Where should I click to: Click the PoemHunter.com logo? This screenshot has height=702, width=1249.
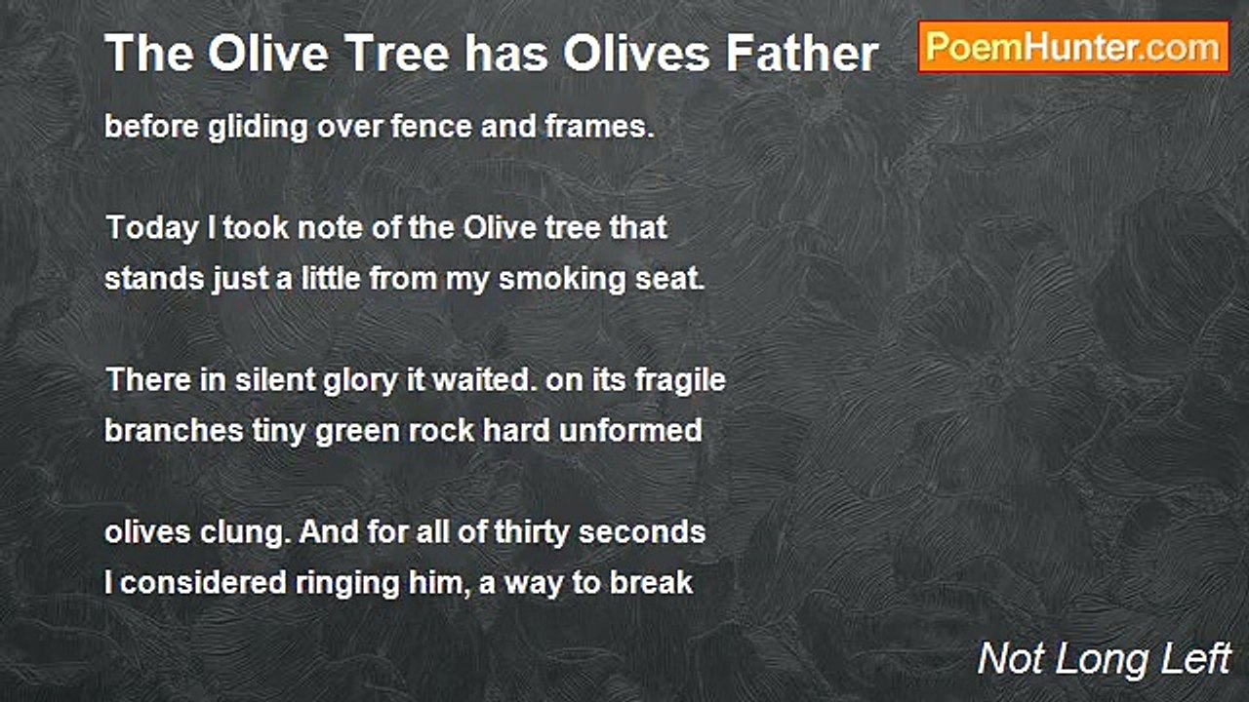click(x=1073, y=47)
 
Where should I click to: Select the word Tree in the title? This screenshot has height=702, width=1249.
click(x=402, y=54)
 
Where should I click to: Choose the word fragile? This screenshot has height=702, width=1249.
click(x=680, y=380)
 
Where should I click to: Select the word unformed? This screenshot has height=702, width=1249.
click(x=630, y=431)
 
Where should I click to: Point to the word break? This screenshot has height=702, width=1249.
click(x=651, y=583)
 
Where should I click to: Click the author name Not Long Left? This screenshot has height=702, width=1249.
click(x=1104, y=659)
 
